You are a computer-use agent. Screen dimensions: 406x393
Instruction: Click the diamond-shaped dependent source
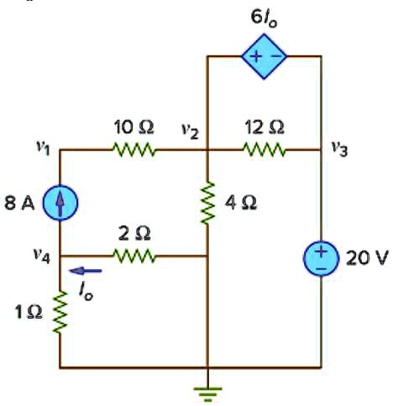pos(265,56)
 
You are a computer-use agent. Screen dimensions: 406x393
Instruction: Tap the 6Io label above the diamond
pos(265,18)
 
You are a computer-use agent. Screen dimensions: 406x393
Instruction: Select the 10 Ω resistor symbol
pos(134,151)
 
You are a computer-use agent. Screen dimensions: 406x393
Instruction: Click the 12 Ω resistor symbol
pos(265,151)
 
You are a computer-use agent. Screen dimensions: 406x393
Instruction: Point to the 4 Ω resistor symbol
pos(207,202)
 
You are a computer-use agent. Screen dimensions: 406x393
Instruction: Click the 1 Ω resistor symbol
pos(60,311)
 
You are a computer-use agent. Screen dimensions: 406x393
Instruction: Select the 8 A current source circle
pos(60,203)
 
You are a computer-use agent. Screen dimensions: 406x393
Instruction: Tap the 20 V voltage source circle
pos(322,257)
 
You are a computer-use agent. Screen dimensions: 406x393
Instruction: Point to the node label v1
pos(41,150)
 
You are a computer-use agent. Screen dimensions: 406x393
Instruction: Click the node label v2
pos(189,130)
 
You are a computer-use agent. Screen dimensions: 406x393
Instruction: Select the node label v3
pos(338,149)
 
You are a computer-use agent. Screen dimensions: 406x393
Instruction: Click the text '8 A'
pos(22,203)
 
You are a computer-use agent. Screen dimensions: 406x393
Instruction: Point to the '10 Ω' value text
pos(134,128)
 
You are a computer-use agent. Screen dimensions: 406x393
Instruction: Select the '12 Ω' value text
pos(265,128)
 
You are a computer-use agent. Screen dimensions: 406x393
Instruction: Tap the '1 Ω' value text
pos(25,312)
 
